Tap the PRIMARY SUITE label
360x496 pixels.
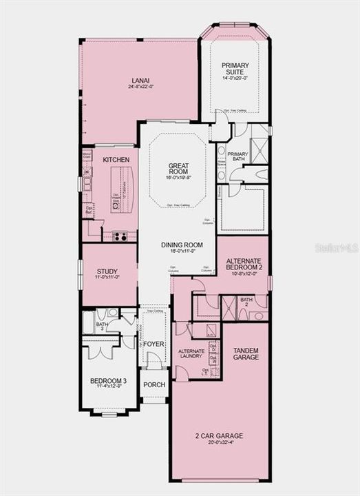click(235, 68)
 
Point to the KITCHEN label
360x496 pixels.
click(116, 159)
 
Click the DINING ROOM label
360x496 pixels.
click(182, 245)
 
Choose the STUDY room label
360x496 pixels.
click(107, 271)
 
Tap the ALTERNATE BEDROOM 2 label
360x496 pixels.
click(244, 263)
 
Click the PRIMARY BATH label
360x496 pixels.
click(237, 157)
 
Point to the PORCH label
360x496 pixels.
click(154, 384)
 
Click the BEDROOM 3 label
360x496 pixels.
click(108, 381)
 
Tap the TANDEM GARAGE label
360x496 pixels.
click(246, 353)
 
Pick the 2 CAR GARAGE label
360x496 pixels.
click(220, 435)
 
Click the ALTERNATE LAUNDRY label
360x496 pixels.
click(191, 353)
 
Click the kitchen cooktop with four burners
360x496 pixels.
click(120, 236)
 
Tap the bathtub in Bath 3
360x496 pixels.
click(88, 323)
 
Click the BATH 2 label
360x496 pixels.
click(246, 302)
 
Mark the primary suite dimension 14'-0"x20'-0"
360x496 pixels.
click(235, 78)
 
